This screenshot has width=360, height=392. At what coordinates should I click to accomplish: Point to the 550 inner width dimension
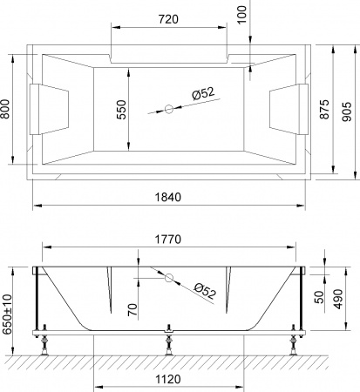(122, 108)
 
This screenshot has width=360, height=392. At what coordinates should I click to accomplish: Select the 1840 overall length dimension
(169, 197)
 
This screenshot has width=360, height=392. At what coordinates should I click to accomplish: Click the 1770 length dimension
(168, 235)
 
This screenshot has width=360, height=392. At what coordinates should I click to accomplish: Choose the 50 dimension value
(319, 296)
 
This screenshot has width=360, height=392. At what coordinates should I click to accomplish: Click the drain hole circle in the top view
(169, 110)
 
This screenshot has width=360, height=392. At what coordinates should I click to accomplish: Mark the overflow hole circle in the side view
(169, 279)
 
